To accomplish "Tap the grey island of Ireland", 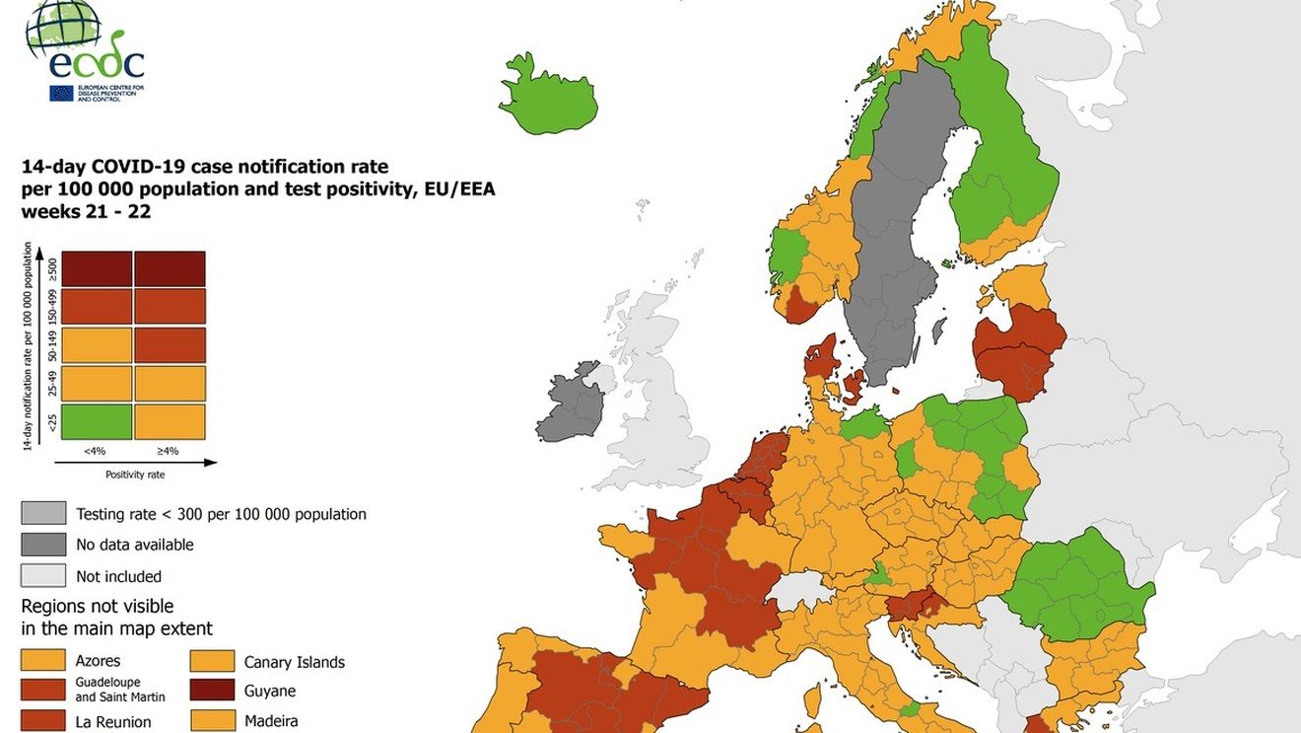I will pos(572,404).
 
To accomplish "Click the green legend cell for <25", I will pos(96,422).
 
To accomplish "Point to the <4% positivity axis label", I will pos(95,451).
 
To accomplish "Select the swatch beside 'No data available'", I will pos(43,545).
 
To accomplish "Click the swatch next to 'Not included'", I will pos(43,576).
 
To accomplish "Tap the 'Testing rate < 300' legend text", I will pos(221,514).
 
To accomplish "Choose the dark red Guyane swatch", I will pos(212,691).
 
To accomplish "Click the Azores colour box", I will pos(43,661).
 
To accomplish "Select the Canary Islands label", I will pos(294,662).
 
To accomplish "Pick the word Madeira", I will pos(271,721).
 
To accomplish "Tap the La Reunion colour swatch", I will pos(43,721).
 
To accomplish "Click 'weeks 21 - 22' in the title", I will pos(86,211).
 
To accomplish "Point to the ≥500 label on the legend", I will pos(52,268).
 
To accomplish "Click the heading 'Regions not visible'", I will pos(97,606).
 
